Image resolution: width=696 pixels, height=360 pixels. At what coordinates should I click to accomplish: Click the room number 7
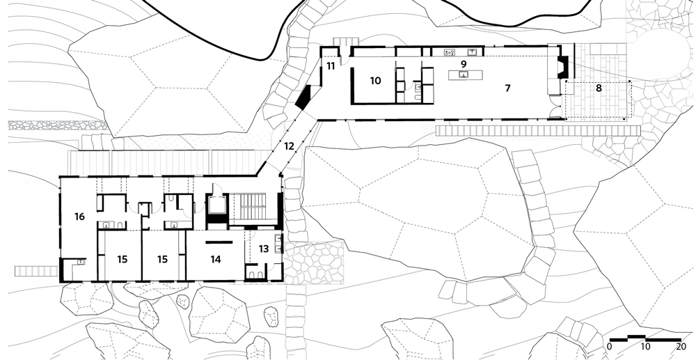coord(508,88)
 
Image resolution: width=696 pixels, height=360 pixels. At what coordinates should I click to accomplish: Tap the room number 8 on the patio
coord(599,88)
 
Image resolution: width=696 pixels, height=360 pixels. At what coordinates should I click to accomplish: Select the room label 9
coord(464,64)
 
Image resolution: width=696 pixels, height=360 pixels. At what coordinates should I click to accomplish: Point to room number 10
coord(376,81)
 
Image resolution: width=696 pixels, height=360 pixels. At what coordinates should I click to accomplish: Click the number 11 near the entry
coord(331,67)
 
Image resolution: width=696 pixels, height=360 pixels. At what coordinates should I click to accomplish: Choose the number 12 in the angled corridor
coord(289,146)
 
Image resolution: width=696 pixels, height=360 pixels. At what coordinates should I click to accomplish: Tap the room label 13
coord(264,249)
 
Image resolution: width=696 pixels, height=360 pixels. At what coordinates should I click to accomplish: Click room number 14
coord(216,259)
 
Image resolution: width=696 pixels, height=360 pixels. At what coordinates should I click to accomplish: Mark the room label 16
coord(79,217)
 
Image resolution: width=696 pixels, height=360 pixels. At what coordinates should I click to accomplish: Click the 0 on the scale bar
coord(610,346)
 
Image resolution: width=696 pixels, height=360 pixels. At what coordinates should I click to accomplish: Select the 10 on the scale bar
coord(645,346)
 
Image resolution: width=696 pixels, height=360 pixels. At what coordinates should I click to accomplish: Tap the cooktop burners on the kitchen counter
coord(450,52)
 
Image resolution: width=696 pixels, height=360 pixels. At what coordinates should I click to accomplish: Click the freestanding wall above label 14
coord(219,242)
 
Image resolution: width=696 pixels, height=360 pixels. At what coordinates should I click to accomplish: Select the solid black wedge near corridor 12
coord(305,97)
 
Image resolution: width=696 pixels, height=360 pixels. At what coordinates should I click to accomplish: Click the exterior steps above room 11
coord(342,41)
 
